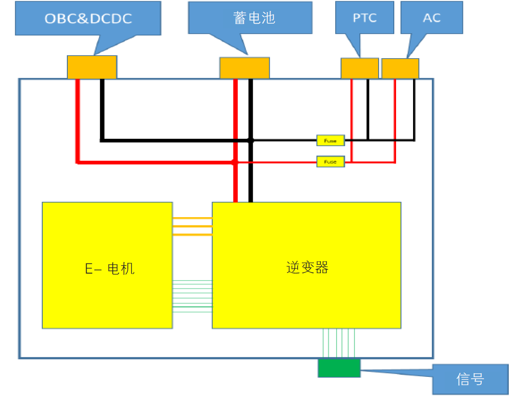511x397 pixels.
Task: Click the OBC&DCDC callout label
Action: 88,18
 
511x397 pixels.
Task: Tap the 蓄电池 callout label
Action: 250,18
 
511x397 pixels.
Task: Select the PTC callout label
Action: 365,18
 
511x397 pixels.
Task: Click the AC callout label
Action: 431,18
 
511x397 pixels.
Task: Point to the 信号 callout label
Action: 470,379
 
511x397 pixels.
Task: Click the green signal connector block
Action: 339,368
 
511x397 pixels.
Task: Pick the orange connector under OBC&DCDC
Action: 92,67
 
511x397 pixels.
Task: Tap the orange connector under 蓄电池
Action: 244,68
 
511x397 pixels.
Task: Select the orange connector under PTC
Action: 359,68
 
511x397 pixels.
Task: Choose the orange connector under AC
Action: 400,68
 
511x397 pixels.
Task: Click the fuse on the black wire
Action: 330,141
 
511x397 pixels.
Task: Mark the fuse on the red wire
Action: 330,162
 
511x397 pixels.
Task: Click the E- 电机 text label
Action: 110,268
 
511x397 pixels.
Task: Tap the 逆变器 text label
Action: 307,267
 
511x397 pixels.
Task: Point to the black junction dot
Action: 250,140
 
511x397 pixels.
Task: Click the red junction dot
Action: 234,162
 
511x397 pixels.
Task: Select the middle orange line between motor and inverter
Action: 192,226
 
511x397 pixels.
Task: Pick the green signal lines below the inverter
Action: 339,343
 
